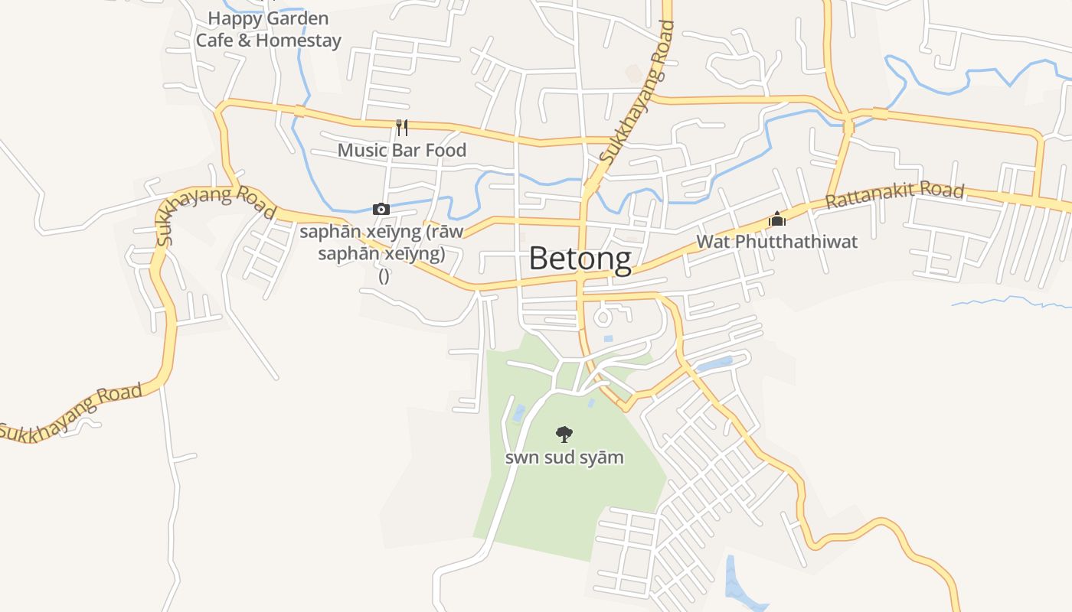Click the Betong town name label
580,259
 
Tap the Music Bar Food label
401,150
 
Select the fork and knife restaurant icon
402,127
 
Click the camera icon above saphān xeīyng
381,209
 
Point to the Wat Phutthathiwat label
776,242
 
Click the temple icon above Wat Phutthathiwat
777,220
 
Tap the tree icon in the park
564,435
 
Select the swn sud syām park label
564,457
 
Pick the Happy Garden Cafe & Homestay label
268,29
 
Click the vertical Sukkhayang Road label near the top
637,92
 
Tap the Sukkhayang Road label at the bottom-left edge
71,413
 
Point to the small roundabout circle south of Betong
603,316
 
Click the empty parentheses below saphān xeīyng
384,275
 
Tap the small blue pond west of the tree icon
519,413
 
